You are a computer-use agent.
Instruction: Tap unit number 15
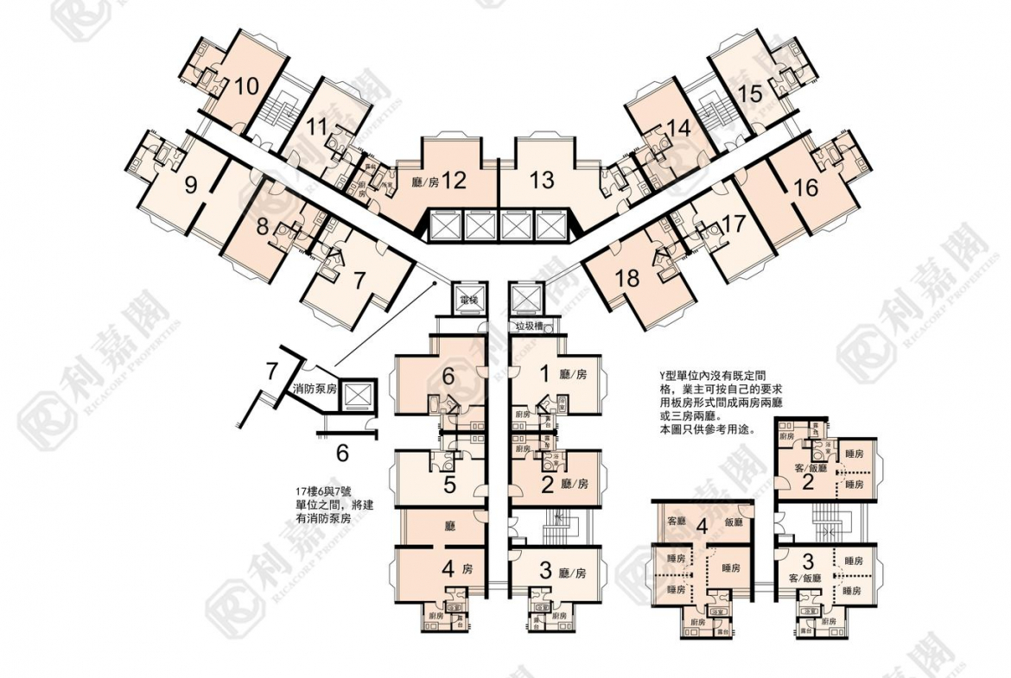click(750, 93)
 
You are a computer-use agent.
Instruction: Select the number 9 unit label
click(190, 183)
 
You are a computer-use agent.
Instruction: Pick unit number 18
click(628, 277)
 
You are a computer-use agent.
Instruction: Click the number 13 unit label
click(542, 181)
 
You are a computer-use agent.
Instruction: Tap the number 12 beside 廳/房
click(455, 181)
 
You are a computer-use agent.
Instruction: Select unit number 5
click(449, 485)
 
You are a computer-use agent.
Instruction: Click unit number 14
click(680, 129)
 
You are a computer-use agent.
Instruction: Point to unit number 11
click(316, 127)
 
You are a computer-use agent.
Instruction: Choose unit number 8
click(262, 229)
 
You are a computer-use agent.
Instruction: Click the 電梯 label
click(469, 299)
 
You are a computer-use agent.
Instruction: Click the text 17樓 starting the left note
click(304, 493)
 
